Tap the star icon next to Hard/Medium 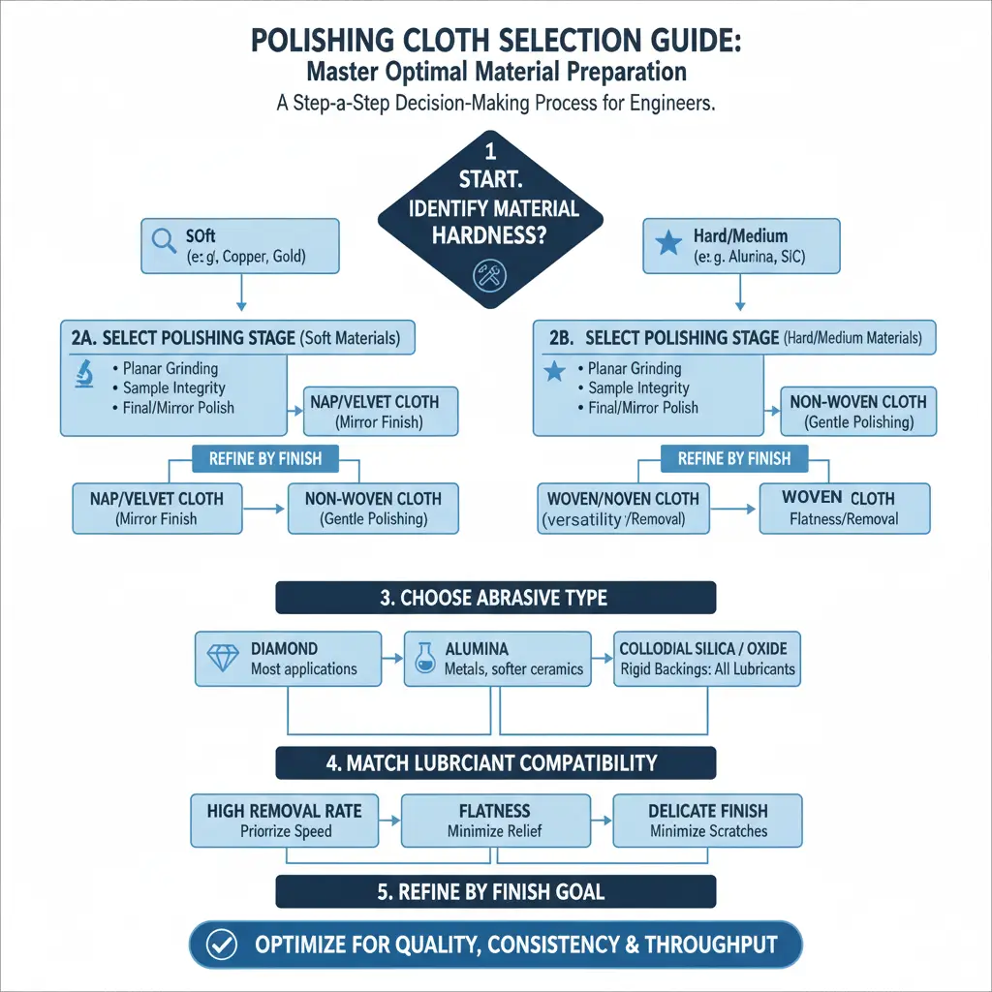pyautogui.click(x=668, y=242)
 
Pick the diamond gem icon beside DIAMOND pyautogui.click(x=223, y=658)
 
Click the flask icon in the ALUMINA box pyautogui.click(x=423, y=658)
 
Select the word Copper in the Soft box pyautogui.click(x=245, y=258)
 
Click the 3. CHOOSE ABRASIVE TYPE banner pyautogui.click(x=495, y=597)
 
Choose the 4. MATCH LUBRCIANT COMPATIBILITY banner pyautogui.click(x=495, y=762)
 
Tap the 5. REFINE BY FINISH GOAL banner pyautogui.click(x=495, y=891)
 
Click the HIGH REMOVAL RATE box pyautogui.click(x=286, y=820)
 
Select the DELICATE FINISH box pyautogui.click(x=707, y=820)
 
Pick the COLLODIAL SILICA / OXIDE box pyautogui.click(x=707, y=658)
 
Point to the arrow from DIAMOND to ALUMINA pyautogui.click(x=392, y=658)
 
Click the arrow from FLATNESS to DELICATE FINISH pyautogui.click(x=602, y=820)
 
